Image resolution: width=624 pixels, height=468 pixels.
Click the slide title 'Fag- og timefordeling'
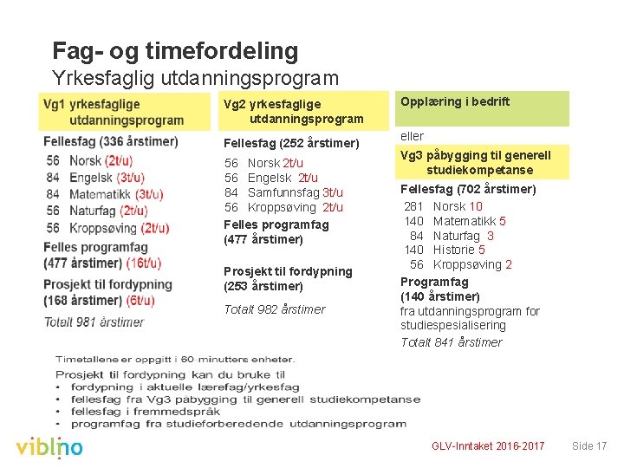click(175, 51)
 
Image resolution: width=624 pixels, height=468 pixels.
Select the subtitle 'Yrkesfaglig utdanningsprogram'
click(195, 78)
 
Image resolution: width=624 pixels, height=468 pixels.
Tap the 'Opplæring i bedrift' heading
click(454, 101)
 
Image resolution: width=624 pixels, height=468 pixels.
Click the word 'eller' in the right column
click(412, 136)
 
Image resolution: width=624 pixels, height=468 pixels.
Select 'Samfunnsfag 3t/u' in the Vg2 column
click(295, 192)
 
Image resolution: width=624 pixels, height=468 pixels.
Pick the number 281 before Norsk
click(413, 206)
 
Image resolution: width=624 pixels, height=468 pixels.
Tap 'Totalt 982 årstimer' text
click(275, 309)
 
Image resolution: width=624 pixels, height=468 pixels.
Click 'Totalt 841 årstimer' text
click(451, 342)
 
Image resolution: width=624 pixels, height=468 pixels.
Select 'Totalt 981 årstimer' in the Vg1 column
click(94, 322)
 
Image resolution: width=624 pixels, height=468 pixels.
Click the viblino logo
click(49, 447)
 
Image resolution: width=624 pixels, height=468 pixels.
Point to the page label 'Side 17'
click(589, 446)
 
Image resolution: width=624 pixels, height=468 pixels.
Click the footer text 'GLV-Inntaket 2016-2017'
click(488, 446)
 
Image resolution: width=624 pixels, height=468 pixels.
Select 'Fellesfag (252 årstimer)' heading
click(291, 142)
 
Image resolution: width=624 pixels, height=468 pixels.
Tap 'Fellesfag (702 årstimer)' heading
click(467, 189)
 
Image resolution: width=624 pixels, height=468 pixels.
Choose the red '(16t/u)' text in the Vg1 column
click(143, 263)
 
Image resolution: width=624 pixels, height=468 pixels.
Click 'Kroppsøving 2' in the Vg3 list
click(472, 265)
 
